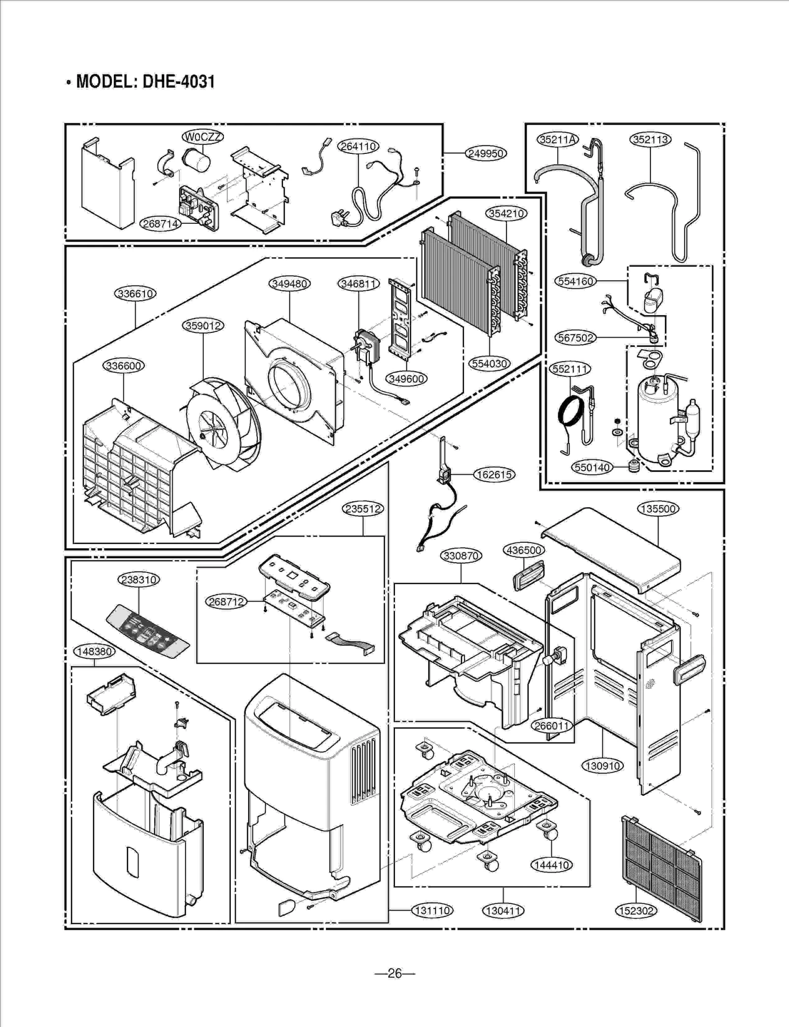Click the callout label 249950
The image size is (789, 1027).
[486, 153]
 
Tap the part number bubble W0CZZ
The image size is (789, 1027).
[203, 137]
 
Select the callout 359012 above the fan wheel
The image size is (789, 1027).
[203, 325]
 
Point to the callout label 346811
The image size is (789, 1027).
[359, 283]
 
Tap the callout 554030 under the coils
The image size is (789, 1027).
[489, 363]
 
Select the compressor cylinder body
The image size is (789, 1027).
[653, 419]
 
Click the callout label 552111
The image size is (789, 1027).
[570, 369]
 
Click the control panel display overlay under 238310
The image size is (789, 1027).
[148, 634]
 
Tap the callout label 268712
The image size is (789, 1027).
[226, 602]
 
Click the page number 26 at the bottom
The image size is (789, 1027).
[394, 973]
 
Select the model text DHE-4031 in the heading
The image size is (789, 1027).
[179, 81]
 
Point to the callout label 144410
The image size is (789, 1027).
[551, 865]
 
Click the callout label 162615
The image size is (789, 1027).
[494, 475]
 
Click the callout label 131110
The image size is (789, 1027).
[432, 910]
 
